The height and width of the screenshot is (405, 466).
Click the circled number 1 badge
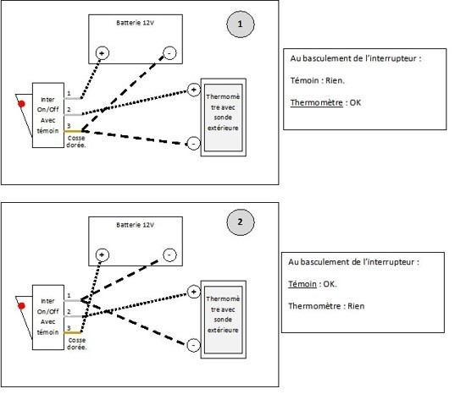click(x=241, y=24)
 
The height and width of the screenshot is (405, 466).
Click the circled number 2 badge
click(x=241, y=222)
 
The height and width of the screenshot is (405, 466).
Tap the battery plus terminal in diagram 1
click(x=103, y=53)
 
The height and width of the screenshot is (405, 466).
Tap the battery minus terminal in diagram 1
click(x=169, y=53)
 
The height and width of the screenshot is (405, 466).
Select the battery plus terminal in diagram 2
click(x=103, y=255)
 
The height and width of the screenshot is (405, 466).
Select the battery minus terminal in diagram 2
click(x=169, y=255)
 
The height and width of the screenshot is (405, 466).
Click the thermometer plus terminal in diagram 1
click(x=194, y=90)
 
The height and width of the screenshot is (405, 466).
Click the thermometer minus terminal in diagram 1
click(x=194, y=144)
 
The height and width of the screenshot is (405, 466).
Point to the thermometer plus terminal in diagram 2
click(x=194, y=292)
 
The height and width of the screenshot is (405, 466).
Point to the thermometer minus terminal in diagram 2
click(x=194, y=345)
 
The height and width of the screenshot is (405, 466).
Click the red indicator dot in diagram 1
click(x=21, y=104)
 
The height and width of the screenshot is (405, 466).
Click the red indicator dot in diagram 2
click(x=21, y=306)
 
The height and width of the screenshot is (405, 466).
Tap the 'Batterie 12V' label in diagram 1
click(x=136, y=23)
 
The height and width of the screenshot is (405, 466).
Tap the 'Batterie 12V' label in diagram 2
click(x=136, y=225)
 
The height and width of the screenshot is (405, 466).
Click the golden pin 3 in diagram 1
click(x=73, y=131)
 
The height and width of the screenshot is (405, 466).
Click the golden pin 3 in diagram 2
click(x=73, y=333)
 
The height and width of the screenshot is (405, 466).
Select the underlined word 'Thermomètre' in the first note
click(x=317, y=103)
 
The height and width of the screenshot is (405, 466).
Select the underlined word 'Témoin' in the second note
click(x=302, y=284)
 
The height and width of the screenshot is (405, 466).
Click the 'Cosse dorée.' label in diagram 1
click(x=76, y=142)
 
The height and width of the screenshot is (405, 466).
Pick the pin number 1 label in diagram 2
click(x=69, y=296)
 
